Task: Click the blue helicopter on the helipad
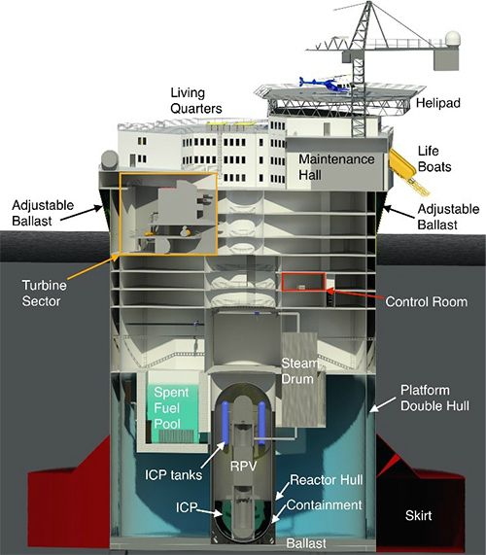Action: pyautogui.click(x=325, y=85)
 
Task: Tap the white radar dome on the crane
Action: pyautogui.click(x=453, y=39)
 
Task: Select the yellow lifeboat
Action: pyautogui.click(x=402, y=163)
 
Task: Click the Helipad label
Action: pyautogui.click(x=438, y=103)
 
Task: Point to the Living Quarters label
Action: pyautogui.click(x=196, y=100)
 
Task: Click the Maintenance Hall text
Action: pyautogui.click(x=336, y=167)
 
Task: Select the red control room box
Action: pyautogui.click(x=303, y=282)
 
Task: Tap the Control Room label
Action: pyautogui.click(x=426, y=302)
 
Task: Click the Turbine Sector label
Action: pyautogui.click(x=45, y=294)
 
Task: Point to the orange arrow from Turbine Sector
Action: pyautogui.click(x=91, y=267)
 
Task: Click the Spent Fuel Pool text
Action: pyautogui.click(x=171, y=408)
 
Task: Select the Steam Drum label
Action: pyautogui.click(x=299, y=371)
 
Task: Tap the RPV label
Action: pyautogui.click(x=243, y=467)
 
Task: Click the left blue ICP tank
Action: pyautogui.click(x=225, y=422)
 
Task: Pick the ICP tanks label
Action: pyautogui.click(x=173, y=474)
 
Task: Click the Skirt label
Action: pyautogui.click(x=418, y=515)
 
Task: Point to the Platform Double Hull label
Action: pyautogui.click(x=434, y=398)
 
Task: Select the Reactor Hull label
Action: pyautogui.click(x=326, y=480)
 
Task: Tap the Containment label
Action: pyautogui.click(x=325, y=505)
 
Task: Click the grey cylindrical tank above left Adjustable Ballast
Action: pyautogui.click(x=110, y=160)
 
